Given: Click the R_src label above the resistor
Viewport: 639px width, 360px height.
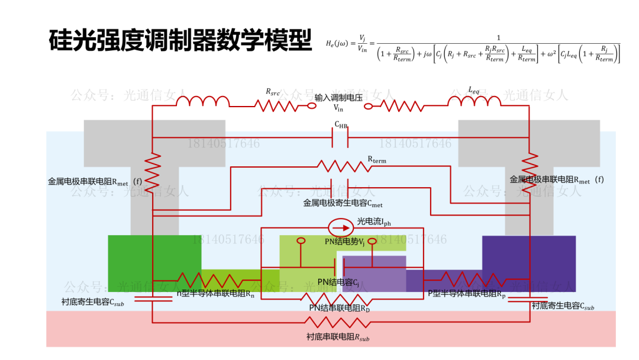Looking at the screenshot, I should [x=273, y=92].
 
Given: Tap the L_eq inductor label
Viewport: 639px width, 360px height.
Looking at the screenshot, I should [x=474, y=90].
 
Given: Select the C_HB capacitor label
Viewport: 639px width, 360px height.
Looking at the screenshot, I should [x=341, y=125].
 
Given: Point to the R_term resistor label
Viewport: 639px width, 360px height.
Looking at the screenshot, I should [x=377, y=159].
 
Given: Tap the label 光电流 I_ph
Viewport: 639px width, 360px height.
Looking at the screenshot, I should [x=374, y=223].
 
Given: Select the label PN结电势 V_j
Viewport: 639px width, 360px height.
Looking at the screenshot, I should [x=344, y=242].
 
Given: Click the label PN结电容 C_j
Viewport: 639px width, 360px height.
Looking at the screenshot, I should [x=338, y=282].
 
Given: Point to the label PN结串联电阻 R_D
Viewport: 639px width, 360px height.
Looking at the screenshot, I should [x=340, y=308].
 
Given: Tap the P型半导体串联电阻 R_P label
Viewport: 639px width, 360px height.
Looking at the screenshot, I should [x=467, y=292].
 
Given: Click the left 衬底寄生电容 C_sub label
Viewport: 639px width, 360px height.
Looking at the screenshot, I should [x=93, y=302].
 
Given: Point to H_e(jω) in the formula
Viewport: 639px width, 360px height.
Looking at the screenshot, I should [x=340, y=43].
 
